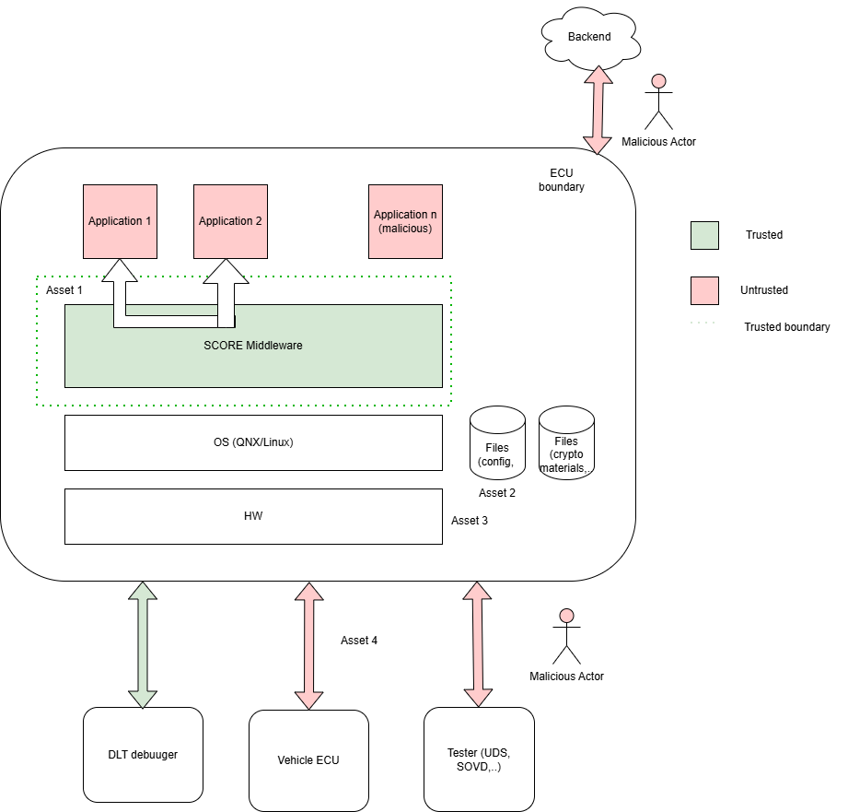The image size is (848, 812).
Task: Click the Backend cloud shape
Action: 589,37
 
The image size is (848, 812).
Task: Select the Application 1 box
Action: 120,221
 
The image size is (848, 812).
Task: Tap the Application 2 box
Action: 230,221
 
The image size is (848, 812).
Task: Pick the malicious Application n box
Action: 405,221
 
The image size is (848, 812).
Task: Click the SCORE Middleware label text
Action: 253,346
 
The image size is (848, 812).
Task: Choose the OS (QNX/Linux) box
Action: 253,442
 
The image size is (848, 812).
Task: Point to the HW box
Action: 253,516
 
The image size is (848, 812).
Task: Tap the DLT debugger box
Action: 143,755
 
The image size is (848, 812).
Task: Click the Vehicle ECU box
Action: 308,760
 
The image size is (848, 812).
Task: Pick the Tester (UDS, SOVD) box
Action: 479,760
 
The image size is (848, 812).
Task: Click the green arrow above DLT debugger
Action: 143,644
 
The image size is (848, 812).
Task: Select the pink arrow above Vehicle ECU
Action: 308,646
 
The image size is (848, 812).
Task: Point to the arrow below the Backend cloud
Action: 598,110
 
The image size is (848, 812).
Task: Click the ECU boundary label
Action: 561,180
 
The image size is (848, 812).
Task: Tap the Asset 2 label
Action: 497,493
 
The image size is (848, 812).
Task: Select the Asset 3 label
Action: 470,521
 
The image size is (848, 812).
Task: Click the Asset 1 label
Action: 64,290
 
